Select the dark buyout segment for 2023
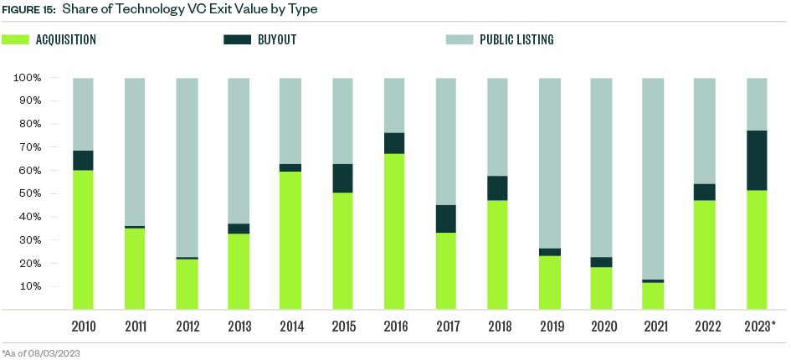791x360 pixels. coord(757,161)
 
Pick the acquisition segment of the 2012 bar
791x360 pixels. coord(187,284)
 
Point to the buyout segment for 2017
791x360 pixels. coord(446,219)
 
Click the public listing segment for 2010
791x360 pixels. coord(83,114)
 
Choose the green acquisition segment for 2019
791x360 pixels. coord(550,282)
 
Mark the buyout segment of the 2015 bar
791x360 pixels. coord(342,178)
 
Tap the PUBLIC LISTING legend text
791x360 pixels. coord(516,39)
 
